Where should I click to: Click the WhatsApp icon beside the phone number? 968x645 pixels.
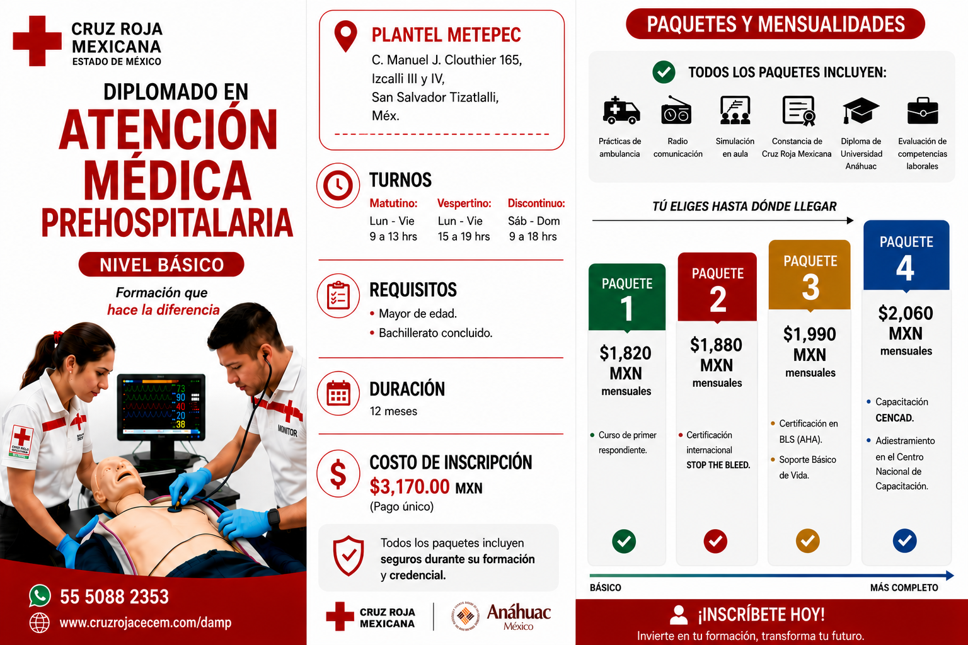[x=40, y=595]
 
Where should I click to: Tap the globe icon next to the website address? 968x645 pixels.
[x=39, y=623]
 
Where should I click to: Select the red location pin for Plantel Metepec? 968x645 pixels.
[x=346, y=37]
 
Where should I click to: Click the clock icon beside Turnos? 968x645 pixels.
[x=338, y=185]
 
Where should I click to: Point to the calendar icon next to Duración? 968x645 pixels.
[x=338, y=394]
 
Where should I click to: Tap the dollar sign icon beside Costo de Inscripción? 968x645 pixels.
[x=338, y=474]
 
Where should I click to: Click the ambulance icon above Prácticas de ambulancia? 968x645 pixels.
[x=621, y=111]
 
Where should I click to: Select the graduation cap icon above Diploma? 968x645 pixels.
[x=860, y=111]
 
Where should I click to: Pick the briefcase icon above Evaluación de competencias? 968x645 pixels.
[x=922, y=111]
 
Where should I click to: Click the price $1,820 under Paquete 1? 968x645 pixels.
[x=625, y=353]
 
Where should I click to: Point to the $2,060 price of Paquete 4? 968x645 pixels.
[x=906, y=313]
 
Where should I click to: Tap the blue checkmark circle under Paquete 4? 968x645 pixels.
[x=904, y=540]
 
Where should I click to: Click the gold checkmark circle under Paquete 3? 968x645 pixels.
[x=808, y=540]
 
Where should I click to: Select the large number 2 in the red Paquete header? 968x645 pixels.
[x=718, y=299]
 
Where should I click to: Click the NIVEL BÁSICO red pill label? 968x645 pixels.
[x=161, y=265]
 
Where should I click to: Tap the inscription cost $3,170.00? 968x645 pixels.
[x=409, y=487]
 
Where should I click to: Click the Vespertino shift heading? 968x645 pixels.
[x=464, y=203]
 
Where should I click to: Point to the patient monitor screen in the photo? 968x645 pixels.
[x=161, y=406]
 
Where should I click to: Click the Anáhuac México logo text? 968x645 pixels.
[x=519, y=616]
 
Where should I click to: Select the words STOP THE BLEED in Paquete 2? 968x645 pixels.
[x=718, y=465]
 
